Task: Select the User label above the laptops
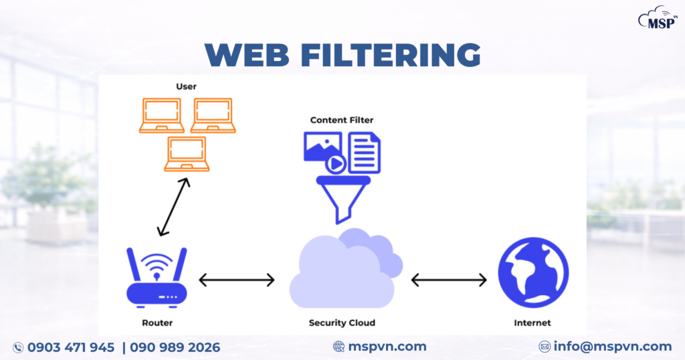pyautogui.click(x=186, y=86)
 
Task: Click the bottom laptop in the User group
pyautogui.click(x=188, y=153)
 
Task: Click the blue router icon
pyautogui.click(x=157, y=277)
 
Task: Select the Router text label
pyautogui.click(x=157, y=323)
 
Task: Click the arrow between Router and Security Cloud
pyautogui.click(x=237, y=280)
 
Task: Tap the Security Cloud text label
pyautogui.click(x=342, y=323)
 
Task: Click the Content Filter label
pyautogui.click(x=342, y=120)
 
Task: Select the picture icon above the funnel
pyautogui.click(x=322, y=147)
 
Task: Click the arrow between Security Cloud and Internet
pyautogui.click(x=449, y=280)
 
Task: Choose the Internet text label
pyautogui.click(x=532, y=323)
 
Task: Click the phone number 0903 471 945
pyautogui.click(x=70, y=347)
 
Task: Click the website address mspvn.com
pyautogui.click(x=387, y=346)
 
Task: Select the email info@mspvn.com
pyautogui.click(x=612, y=346)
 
